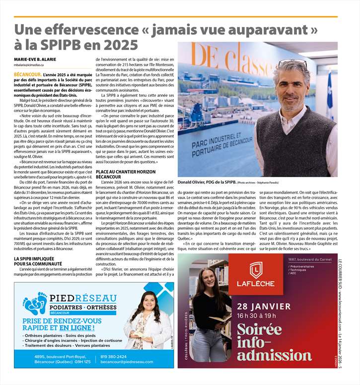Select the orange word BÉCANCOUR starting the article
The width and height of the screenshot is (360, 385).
click(27, 74)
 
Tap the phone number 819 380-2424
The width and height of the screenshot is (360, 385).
click(113, 356)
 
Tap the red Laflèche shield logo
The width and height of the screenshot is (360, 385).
click(256, 270)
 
